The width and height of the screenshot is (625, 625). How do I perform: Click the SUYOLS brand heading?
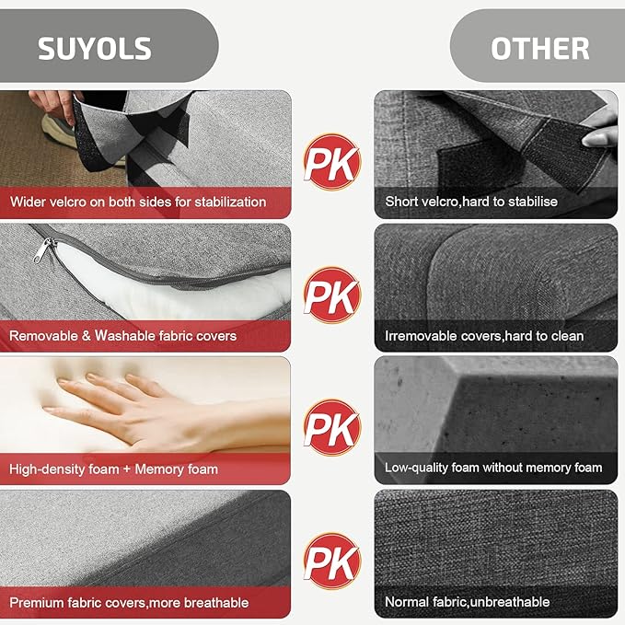[x=95, y=49]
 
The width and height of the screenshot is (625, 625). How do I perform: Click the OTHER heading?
[x=539, y=49]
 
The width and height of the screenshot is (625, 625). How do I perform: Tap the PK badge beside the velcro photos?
[x=332, y=162]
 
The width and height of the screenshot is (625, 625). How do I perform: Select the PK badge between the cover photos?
[x=332, y=295]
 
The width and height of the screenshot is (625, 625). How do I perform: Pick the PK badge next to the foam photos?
[x=332, y=428]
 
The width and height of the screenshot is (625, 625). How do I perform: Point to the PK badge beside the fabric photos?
[x=332, y=561]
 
